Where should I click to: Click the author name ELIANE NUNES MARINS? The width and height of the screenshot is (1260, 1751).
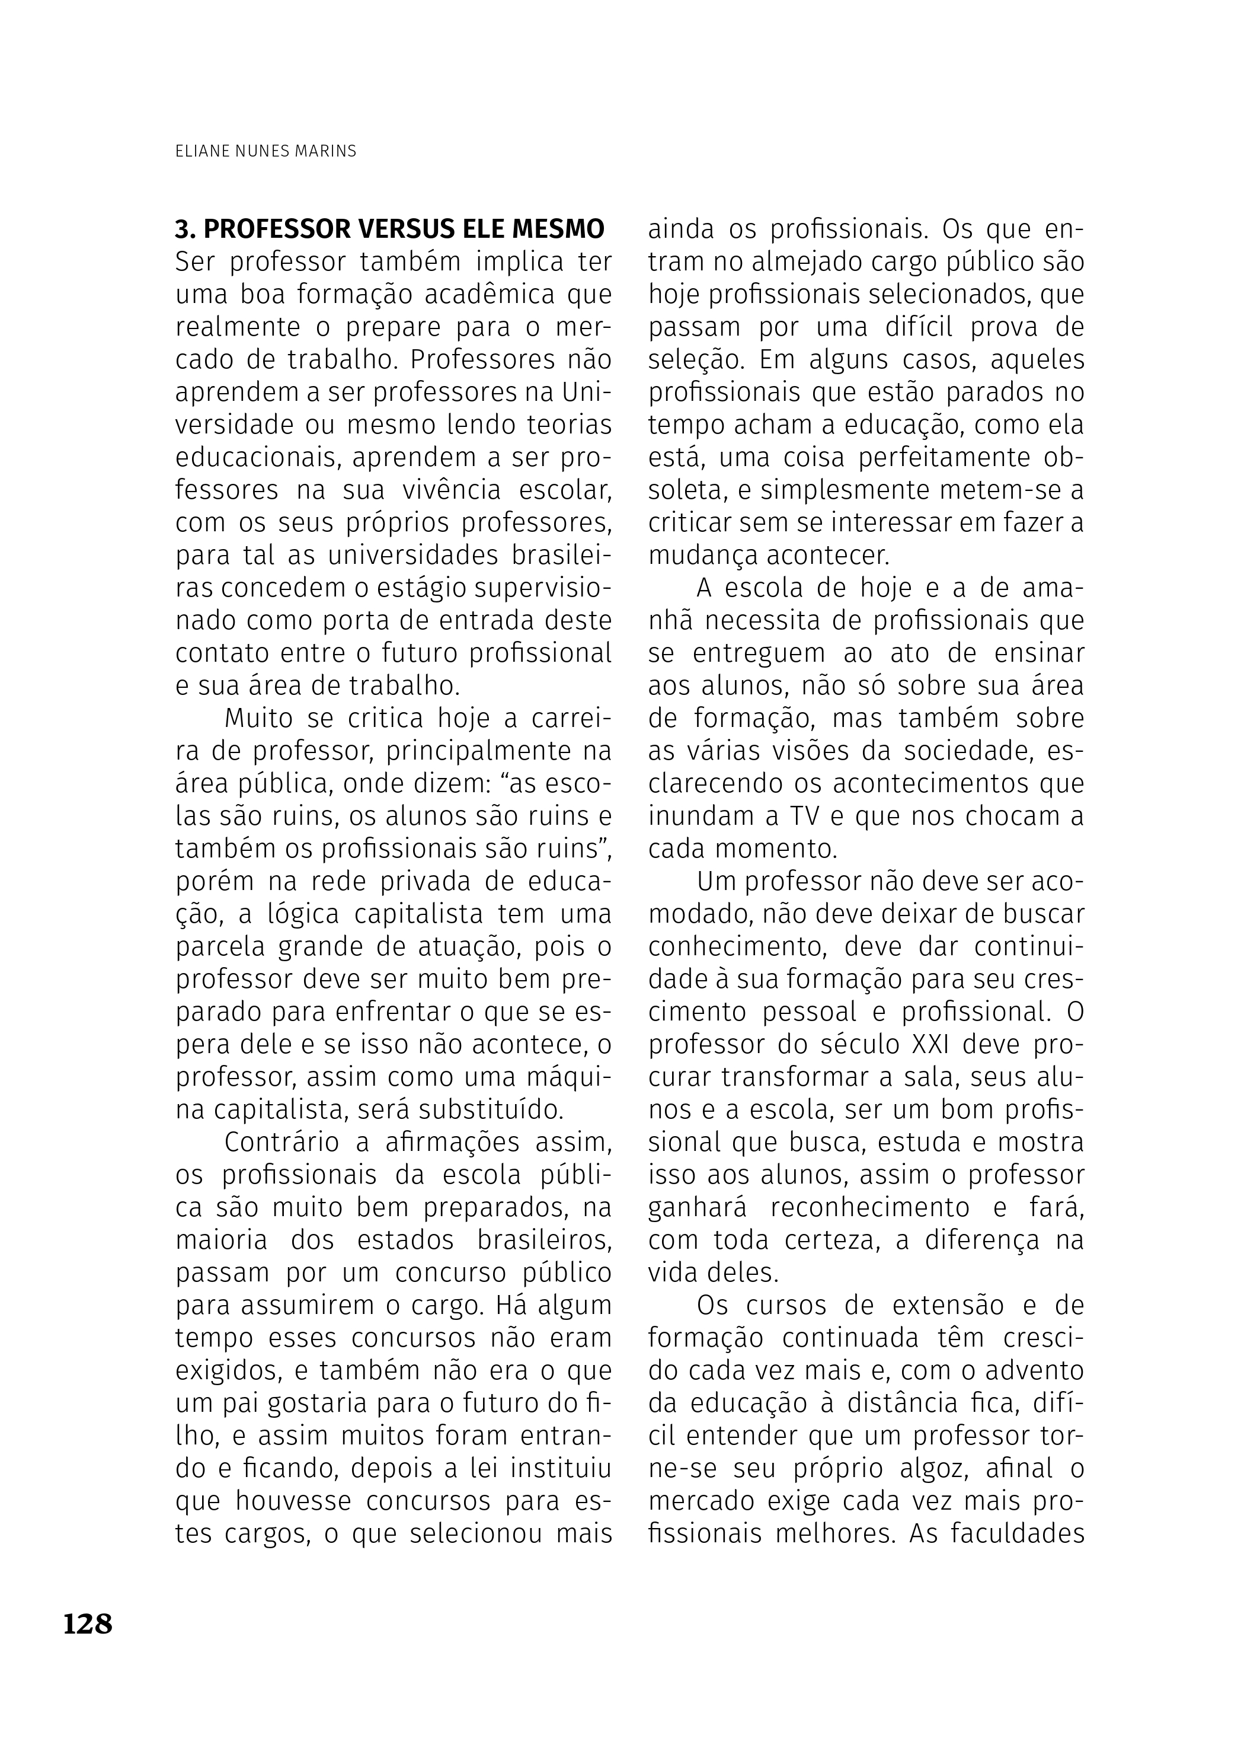click(x=266, y=152)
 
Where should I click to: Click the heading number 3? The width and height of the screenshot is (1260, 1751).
click(x=182, y=229)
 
